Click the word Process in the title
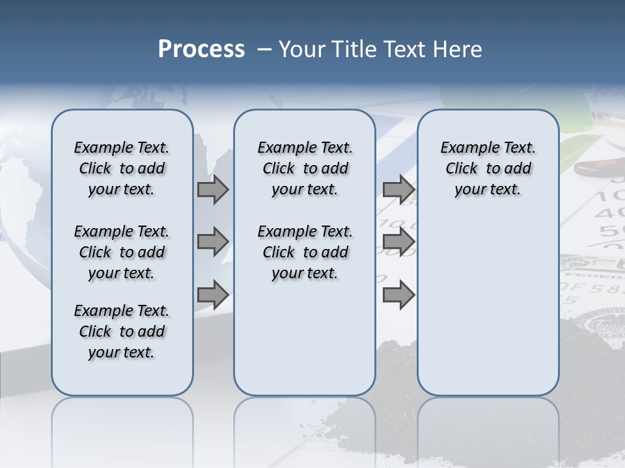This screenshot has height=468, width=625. pyautogui.click(x=201, y=49)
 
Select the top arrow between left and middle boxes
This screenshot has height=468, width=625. pyautogui.click(x=213, y=190)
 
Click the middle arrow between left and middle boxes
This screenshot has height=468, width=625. pyautogui.click(x=213, y=242)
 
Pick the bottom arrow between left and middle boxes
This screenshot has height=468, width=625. pyautogui.click(x=213, y=295)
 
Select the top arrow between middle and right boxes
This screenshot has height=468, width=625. pyautogui.click(x=398, y=190)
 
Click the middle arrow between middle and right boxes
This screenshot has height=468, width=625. pyautogui.click(x=398, y=242)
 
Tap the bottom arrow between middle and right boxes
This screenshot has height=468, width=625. pyautogui.click(x=398, y=295)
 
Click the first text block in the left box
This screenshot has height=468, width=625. pyautogui.click(x=122, y=168)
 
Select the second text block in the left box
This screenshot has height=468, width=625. pyautogui.click(x=122, y=252)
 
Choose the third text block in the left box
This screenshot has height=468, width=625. pyautogui.click(x=122, y=331)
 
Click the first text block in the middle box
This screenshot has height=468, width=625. pyautogui.click(x=305, y=168)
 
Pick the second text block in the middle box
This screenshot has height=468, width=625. pyautogui.click(x=305, y=252)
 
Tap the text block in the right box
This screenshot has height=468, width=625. pyautogui.click(x=488, y=168)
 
